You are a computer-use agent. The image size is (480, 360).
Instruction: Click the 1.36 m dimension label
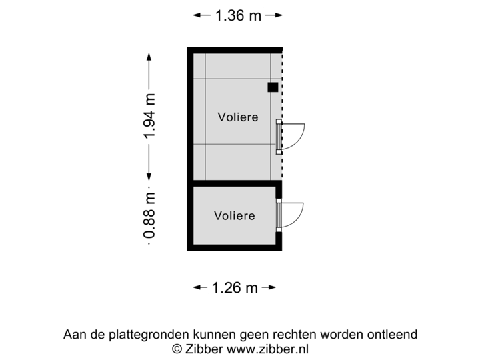[x=237, y=15]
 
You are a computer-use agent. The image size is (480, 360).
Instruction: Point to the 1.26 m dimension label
[x=235, y=287]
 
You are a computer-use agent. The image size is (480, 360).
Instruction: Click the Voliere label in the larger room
[x=238, y=117]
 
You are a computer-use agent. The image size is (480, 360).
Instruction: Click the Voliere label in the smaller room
[x=234, y=215]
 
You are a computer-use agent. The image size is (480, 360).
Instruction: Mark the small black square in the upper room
[x=273, y=87]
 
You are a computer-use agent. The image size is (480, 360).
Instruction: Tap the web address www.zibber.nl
[x=268, y=348]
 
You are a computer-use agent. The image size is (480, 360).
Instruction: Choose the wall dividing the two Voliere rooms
[x=233, y=183]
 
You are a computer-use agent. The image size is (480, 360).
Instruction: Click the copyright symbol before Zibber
[x=177, y=348]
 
